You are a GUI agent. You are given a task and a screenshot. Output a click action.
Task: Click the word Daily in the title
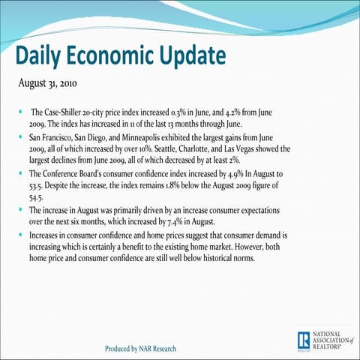pyautogui.click(x=44, y=57)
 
